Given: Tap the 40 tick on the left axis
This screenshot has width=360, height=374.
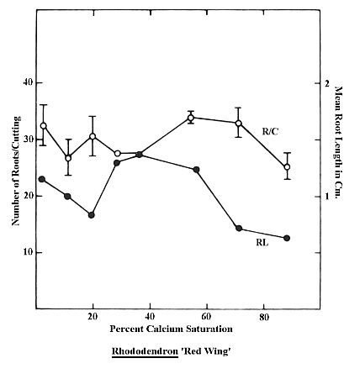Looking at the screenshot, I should [26, 83].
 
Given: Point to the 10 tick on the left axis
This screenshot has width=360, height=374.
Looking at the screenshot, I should [26, 252].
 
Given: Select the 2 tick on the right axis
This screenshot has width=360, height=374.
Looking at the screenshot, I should [326, 83].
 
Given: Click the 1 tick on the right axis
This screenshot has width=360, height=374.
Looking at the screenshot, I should [326, 196].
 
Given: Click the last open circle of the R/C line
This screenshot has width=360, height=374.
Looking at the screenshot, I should [287, 166].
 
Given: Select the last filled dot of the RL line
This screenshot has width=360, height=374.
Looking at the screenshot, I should [287, 238].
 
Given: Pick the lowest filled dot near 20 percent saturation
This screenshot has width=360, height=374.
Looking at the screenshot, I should [91, 214].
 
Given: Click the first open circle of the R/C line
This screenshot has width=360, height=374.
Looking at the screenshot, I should [43, 125].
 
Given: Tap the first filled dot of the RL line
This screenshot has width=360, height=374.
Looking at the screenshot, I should [42, 179].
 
